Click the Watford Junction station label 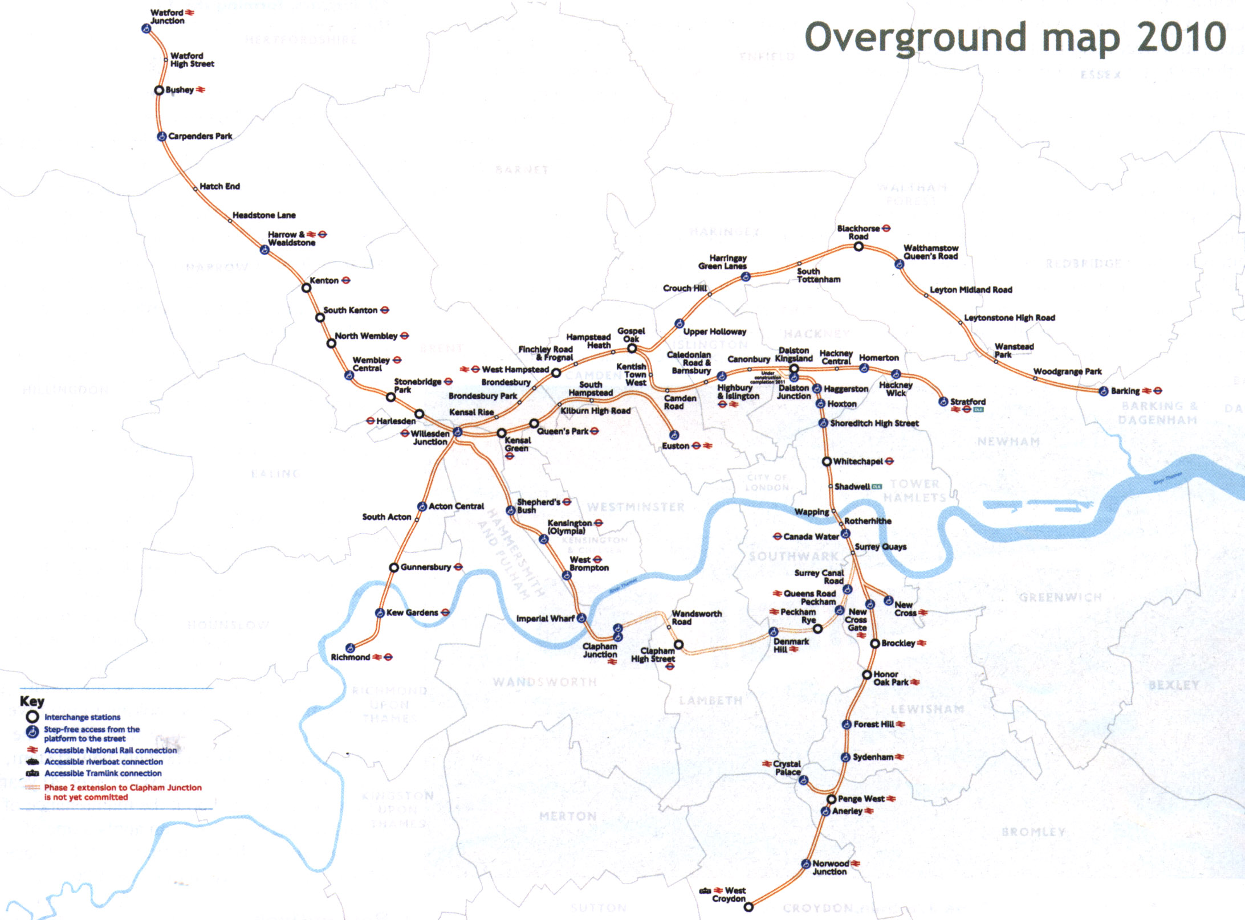point(167,17)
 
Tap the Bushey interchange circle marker point(159,91)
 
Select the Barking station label point(1125,391)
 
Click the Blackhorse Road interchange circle point(859,247)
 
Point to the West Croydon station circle point(748,907)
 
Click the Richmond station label point(350,657)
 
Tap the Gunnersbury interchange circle point(393,567)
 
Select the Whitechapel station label point(857,461)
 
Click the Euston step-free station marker point(674,435)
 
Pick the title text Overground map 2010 point(1015,37)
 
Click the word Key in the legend point(32,701)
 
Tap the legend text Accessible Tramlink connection point(103,774)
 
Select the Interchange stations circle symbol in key point(32,717)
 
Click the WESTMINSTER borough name point(636,507)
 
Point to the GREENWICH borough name point(1060,597)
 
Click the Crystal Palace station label point(787,768)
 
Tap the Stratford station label point(967,402)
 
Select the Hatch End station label point(219,186)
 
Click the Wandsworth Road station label point(697,618)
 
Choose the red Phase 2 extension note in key point(123,792)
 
